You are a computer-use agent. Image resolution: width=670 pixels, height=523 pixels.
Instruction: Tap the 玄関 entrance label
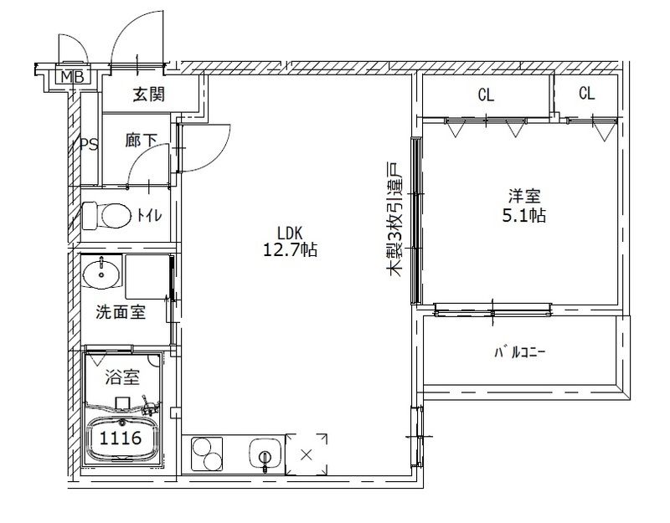(148, 94)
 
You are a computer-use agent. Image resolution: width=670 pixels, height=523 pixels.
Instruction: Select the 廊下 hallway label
(142, 141)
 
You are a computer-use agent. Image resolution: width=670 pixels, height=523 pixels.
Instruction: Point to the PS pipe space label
(89, 145)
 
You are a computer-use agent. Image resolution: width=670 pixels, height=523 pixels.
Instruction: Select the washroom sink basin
(102, 273)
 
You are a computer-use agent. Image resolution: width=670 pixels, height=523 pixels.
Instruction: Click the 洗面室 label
(121, 313)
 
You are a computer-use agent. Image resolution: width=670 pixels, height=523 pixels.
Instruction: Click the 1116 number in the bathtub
(121, 437)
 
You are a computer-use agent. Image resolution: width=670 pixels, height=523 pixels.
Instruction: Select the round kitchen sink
(263, 457)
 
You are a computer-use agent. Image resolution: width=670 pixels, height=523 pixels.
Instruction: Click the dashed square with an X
(306, 455)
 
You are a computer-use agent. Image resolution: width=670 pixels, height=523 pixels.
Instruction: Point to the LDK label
(289, 232)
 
